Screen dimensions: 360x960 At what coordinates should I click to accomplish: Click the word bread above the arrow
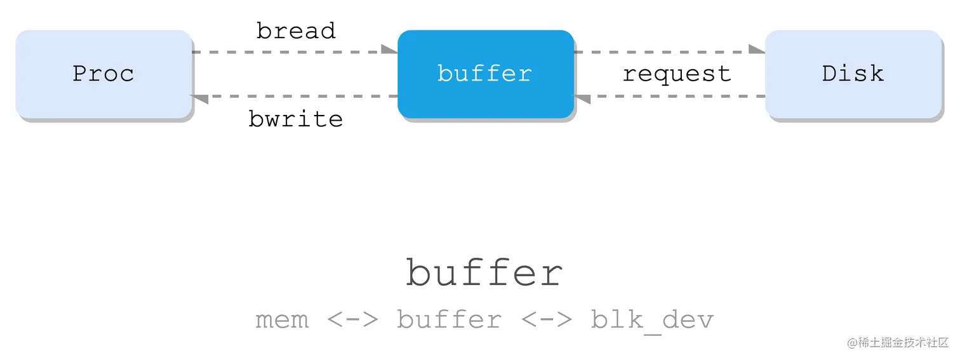296,31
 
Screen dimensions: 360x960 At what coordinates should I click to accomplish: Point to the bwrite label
296,119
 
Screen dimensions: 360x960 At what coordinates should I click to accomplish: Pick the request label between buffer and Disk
677,74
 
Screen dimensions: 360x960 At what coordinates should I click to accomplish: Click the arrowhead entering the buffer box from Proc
390,50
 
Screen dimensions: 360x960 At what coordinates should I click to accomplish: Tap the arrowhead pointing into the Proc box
199,98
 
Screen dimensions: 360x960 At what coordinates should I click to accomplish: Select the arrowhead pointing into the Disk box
757,50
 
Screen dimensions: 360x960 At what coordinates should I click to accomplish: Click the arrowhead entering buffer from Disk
582,98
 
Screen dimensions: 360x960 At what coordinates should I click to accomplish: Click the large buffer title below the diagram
484,273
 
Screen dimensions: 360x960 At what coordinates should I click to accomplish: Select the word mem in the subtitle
282,319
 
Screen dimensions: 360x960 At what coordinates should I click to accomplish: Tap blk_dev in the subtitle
652,319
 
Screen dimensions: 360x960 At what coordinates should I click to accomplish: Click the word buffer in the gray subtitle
449,319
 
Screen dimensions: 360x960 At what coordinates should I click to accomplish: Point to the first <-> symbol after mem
353,319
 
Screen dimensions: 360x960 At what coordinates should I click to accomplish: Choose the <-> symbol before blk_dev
547,319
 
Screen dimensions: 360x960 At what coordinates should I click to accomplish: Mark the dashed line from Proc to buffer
286,52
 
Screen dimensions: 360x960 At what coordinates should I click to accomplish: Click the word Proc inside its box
103,74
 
